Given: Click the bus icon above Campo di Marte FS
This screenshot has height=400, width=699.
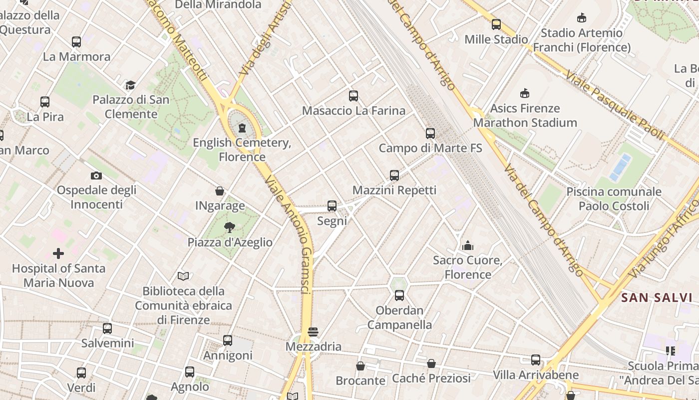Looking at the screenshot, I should click(x=430, y=133).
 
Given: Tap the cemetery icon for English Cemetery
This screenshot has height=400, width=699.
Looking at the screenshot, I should click(x=242, y=128).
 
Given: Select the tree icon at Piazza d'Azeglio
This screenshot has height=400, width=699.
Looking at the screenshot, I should click(x=230, y=227).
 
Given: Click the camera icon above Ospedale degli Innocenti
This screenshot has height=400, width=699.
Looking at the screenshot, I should click(x=96, y=175).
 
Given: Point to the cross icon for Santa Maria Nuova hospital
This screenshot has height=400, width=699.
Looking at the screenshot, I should click(x=58, y=253).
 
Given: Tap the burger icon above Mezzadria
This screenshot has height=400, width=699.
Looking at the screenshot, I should click(x=313, y=332).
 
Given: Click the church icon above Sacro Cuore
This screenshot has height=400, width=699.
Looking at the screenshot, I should click(x=468, y=245).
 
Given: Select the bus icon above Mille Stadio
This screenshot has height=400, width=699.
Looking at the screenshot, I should click(x=496, y=24).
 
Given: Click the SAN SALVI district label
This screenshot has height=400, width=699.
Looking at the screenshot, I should click(x=656, y=298).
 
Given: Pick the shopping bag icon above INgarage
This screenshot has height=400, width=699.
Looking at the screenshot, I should click(x=220, y=191).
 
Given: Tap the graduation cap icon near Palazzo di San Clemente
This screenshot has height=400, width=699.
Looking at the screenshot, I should click(x=131, y=85).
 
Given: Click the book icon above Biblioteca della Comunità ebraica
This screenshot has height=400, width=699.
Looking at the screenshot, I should click(x=183, y=276).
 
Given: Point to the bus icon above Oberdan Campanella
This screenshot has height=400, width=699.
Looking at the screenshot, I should click(x=399, y=295).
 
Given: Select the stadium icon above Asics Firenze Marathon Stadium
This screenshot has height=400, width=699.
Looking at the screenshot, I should click(x=525, y=93).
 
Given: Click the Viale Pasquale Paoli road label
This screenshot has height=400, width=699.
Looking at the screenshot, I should click(x=614, y=105).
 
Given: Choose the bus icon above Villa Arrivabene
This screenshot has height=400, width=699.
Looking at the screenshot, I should click(x=536, y=360).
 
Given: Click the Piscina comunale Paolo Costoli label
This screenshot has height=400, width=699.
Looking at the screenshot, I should click(x=614, y=198).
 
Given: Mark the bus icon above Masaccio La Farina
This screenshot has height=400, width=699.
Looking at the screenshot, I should click(x=353, y=96).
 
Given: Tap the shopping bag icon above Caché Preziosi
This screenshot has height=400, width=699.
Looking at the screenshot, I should click(x=431, y=363).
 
